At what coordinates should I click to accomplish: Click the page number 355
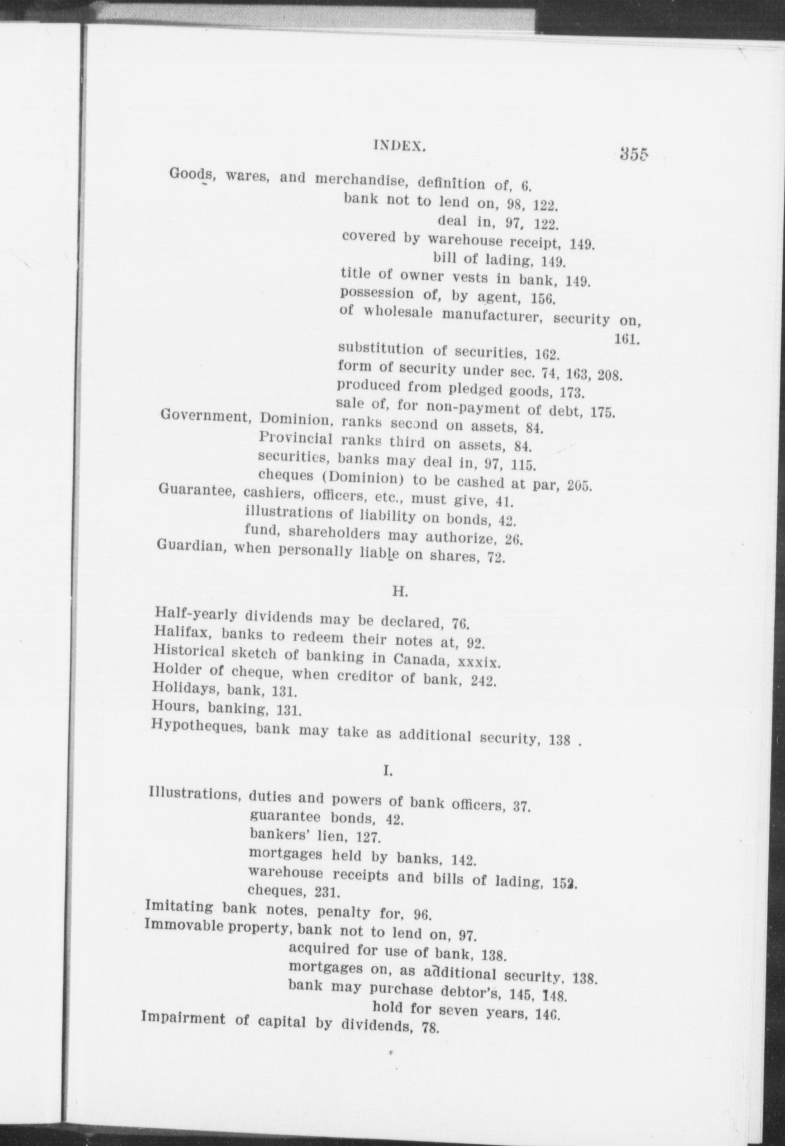634,153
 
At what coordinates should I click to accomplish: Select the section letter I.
387,770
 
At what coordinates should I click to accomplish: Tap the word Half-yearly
195,614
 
